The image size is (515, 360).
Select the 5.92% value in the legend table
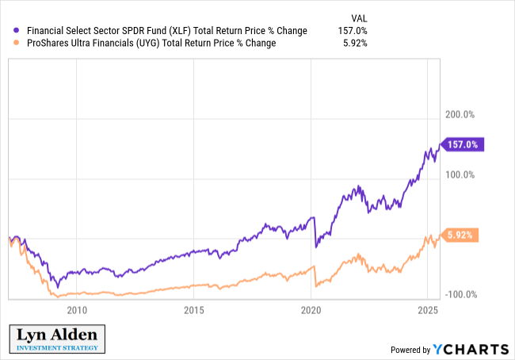pos(352,43)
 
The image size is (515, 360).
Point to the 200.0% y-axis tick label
pos(459,114)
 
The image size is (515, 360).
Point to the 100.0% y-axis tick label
pos(459,174)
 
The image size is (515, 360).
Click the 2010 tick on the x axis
pos(77,309)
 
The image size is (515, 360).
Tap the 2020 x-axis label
pos(311,309)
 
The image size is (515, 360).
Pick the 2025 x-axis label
pos(427,309)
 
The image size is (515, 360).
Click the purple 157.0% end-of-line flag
pos(461,144)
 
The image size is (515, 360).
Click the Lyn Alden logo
pos(55,338)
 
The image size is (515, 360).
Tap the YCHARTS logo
pos(471,349)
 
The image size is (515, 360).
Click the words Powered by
pos(410,350)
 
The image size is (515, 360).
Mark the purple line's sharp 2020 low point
pos(316,247)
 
